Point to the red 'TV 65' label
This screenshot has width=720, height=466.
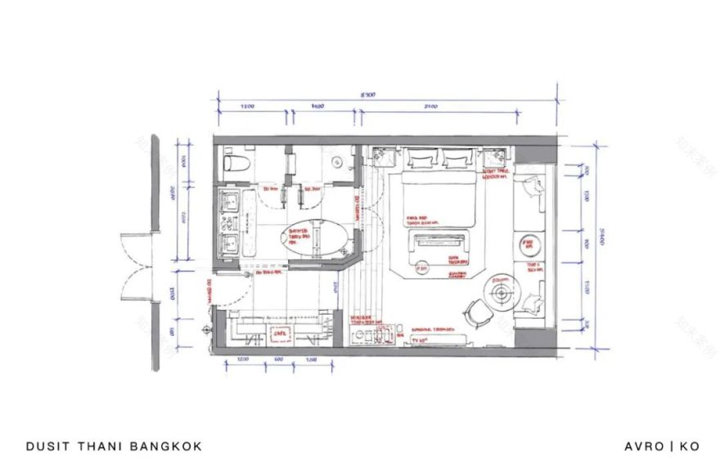pos(416,341)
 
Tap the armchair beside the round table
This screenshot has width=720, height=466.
pos(474,313)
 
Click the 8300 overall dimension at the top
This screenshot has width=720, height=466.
pos(369,95)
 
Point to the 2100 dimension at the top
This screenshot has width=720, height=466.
pos(431,107)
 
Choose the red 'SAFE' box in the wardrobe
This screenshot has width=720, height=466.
pos(278,334)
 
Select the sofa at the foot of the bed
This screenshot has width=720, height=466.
pos(439,241)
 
